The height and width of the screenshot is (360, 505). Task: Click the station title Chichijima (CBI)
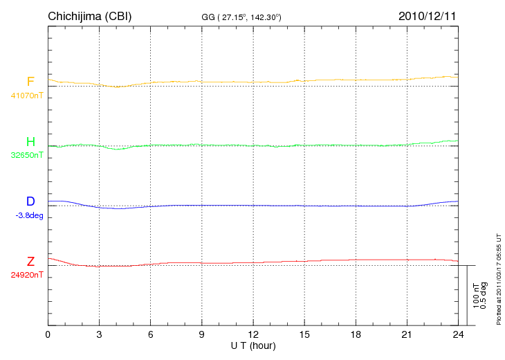point(89,15)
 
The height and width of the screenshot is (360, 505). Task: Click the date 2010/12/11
point(427,15)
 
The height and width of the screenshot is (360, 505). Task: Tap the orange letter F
point(30,82)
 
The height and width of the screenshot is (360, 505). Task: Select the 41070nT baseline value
point(27,95)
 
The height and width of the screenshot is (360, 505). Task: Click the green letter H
point(30,142)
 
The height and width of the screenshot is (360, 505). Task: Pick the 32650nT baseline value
point(27,155)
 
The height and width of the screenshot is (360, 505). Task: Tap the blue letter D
point(30,201)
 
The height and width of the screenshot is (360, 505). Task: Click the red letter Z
point(30,262)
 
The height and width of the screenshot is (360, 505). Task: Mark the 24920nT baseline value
point(27,275)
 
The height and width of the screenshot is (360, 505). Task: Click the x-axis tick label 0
point(48,334)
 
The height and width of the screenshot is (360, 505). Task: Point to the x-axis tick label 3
point(99,334)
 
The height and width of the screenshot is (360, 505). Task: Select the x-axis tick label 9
point(202,334)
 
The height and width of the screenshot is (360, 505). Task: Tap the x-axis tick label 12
point(253,334)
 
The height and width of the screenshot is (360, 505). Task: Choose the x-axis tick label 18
point(356,334)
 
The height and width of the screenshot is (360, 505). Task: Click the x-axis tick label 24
point(458,334)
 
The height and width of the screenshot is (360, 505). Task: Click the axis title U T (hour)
point(253,345)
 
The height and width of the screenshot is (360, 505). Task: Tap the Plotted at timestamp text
point(498,277)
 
